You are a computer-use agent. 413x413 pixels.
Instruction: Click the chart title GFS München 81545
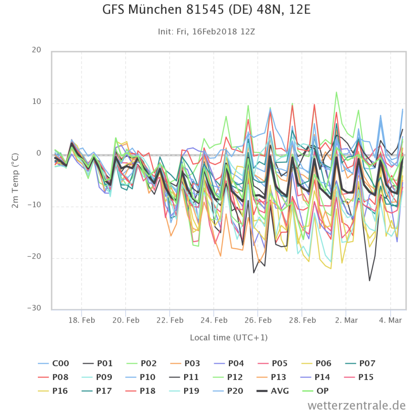(206, 9)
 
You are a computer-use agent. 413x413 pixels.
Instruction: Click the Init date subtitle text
(206, 31)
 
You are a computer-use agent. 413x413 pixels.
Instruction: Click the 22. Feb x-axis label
(170, 320)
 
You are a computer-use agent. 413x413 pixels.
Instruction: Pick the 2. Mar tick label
(346, 320)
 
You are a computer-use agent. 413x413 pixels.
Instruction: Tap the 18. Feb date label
(82, 320)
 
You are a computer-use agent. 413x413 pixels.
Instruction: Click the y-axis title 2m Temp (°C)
(15, 180)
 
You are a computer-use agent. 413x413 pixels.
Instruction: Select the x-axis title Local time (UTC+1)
(228, 338)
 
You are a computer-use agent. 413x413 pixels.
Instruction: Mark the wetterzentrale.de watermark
(357, 405)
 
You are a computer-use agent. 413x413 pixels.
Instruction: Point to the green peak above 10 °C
(336, 92)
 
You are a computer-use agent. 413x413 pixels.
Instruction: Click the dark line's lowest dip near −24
(369, 280)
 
